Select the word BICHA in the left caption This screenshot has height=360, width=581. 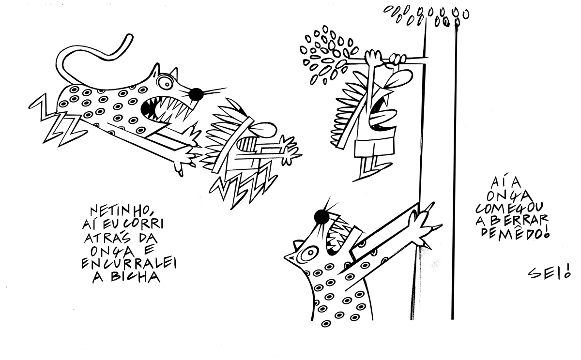point(135,277)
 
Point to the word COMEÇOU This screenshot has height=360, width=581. point(509,208)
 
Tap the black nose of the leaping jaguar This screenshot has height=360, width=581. point(196,94)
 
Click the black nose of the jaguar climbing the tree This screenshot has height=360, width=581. point(321,216)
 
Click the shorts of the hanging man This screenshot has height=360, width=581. point(375,148)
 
